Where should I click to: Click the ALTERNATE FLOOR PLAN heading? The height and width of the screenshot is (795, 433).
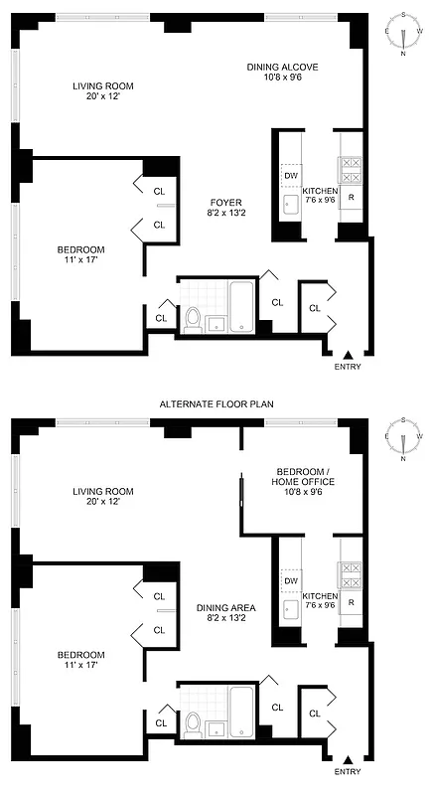(x=217, y=404)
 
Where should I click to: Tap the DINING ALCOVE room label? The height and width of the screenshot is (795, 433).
(x=282, y=68)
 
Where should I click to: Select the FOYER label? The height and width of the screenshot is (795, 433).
(x=222, y=202)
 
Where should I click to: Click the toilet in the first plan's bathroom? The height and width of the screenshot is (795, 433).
(x=193, y=320)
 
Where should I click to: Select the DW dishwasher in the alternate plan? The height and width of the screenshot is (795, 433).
(x=290, y=581)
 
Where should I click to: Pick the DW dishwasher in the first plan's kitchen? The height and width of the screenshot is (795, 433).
(x=290, y=176)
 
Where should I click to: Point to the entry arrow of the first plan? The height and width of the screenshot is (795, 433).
(x=348, y=355)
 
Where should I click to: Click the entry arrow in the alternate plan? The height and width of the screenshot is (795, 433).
(x=348, y=760)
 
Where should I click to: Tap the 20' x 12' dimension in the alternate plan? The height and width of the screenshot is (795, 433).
(x=102, y=504)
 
